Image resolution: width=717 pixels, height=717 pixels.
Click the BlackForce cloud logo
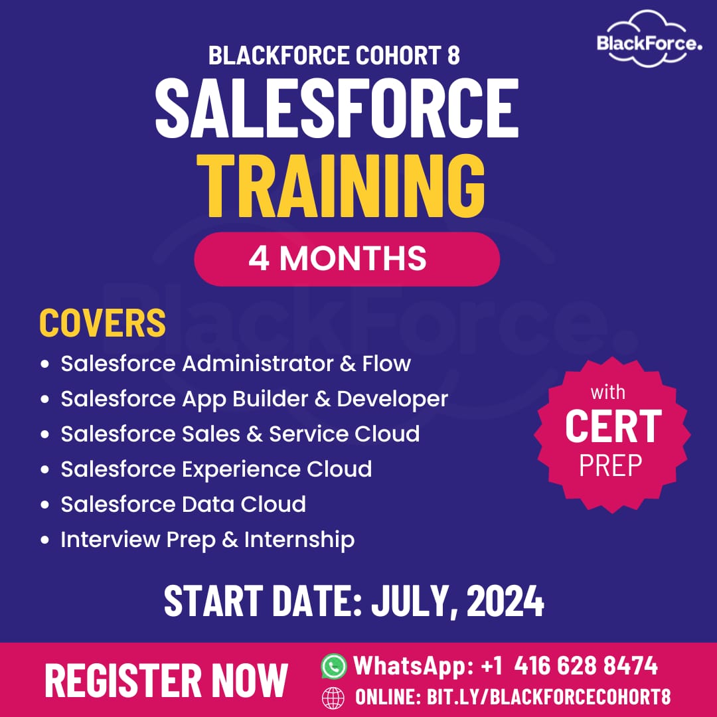(x=649, y=39)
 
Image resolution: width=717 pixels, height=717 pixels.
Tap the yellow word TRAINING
(x=341, y=186)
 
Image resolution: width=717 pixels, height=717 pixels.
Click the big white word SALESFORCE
(x=337, y=108)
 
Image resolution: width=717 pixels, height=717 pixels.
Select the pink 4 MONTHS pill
(x=347, y=259)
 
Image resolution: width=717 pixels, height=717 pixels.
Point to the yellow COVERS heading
(x=102, y=323)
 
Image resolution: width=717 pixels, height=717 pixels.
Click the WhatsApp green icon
(x=334, y=666)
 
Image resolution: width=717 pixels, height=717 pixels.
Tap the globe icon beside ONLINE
(x=333, y=698)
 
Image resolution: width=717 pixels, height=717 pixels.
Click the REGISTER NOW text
(x=167, y=680)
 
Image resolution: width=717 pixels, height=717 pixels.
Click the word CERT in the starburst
(x=613, y=426)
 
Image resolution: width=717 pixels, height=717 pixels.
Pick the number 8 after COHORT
(x=453, y=55)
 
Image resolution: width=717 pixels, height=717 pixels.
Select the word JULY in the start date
(x=410, y=601)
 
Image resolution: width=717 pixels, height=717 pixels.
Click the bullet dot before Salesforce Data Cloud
(x=44, y=505)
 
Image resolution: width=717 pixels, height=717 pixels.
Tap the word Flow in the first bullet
(x=386, y=364)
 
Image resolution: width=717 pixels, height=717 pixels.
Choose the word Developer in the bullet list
(x=392, y=399)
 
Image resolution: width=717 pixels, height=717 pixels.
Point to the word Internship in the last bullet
(x=299, y=540)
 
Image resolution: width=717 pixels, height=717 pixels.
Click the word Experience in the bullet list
(x=240, y=469)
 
